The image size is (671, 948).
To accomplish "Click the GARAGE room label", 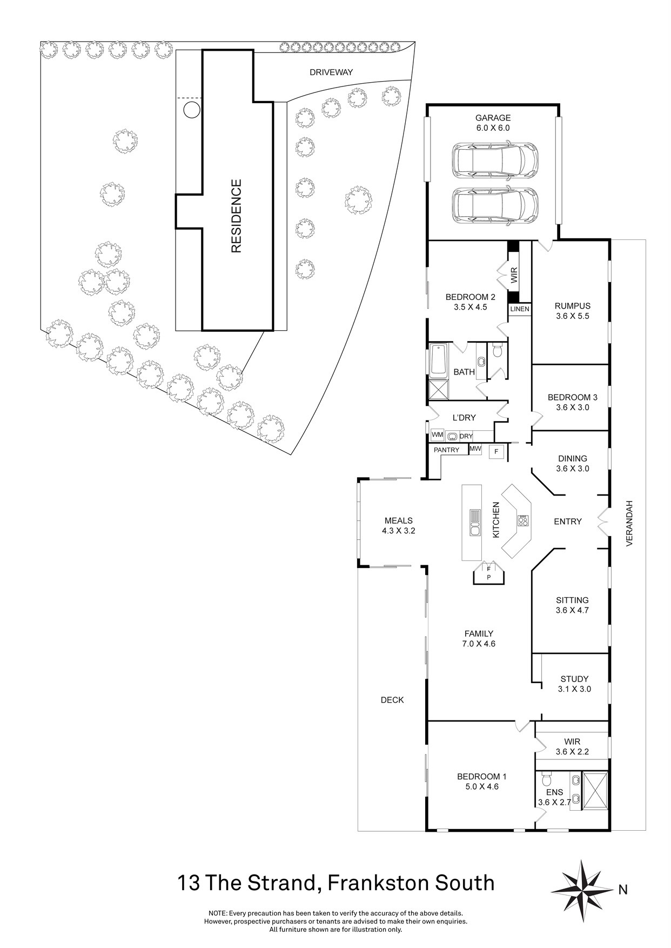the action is click(x=493, y=118).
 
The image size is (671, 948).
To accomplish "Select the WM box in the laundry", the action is click(x=437, y=435).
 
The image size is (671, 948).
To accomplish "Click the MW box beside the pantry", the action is click(x=475, y=449).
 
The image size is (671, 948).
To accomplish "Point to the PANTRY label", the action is click(x=447, y=450).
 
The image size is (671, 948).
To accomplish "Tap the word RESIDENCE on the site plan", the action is click(x=236, y=216).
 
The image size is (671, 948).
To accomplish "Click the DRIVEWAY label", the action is click(x=331, y=72).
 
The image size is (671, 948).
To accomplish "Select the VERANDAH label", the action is click(x=629, y=524).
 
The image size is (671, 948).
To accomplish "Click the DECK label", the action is click(x=392, y=700).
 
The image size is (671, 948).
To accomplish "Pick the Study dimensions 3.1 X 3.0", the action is click(x=574, y=689).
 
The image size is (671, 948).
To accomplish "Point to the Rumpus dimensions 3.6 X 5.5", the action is click(x=573, y=316).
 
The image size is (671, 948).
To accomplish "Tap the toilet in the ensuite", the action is click(x=546, y=780).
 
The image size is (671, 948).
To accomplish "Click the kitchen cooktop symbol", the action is click(x=523, y=521).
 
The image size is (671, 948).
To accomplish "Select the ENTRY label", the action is click(x=568, y=522).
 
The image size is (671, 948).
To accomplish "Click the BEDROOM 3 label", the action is click(x=573, y=397).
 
